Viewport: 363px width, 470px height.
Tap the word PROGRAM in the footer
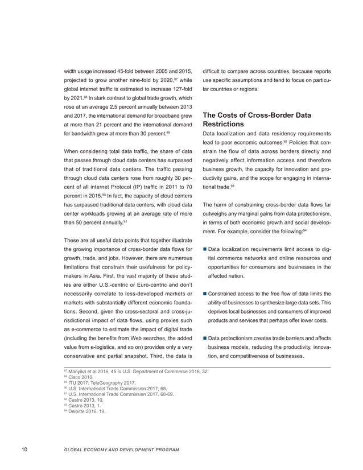coord(164,451)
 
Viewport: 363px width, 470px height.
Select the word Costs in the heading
coord(232,115)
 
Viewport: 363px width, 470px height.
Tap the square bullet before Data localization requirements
coord(205,250)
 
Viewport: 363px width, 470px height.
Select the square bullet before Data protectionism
coord(205,339)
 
